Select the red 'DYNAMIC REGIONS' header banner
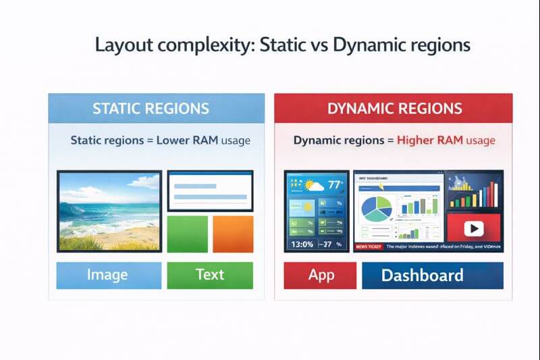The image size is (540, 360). tap(394, 108)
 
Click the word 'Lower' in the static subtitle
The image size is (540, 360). tap(178, 141)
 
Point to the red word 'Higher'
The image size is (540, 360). tap(419, 141)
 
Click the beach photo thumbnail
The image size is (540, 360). tap(109, 211)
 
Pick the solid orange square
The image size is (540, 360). tap(233, 234)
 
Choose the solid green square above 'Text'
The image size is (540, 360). tap(187, 234)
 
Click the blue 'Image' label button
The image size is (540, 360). tap(107, 275)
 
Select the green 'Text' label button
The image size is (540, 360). tap(210, 275)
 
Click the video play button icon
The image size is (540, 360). tap(475, 229)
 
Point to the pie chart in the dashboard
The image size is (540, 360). tap(376, 209)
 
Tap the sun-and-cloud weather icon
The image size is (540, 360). tap(313, 184)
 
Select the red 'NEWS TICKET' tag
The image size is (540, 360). tap(369, 247)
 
